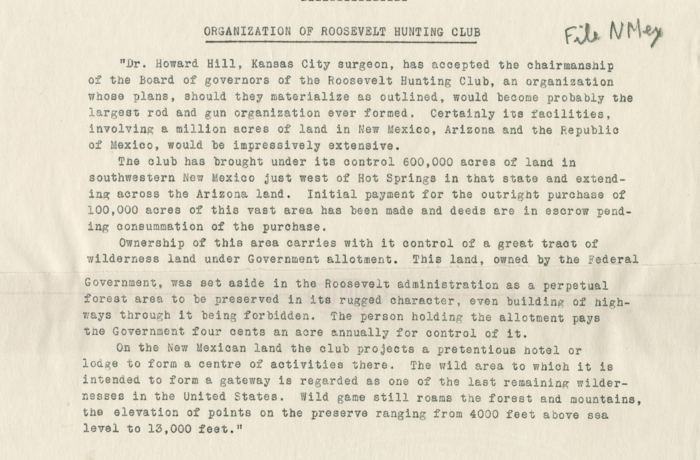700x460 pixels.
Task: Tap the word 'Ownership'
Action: tap(152, 243)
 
